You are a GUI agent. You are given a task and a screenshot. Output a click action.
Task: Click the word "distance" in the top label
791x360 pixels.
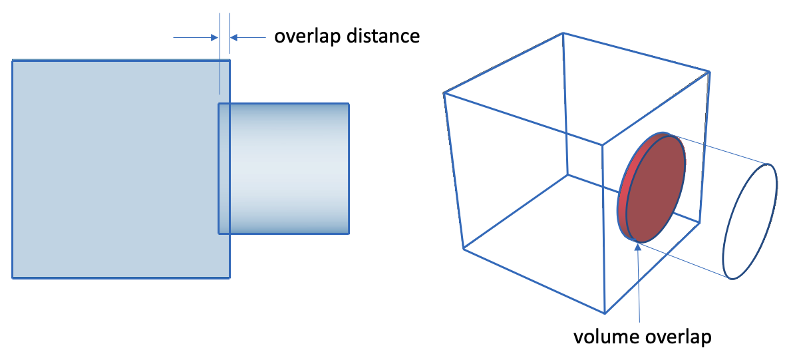pos(384,36)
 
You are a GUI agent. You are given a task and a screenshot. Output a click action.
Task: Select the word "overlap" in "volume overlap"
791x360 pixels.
pos(677,338)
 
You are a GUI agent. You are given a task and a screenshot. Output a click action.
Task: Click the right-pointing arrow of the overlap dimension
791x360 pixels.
pos(195,37)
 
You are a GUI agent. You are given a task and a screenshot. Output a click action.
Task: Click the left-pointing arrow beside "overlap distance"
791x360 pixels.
pos(248,37)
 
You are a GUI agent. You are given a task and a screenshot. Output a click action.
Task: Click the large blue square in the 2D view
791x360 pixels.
pos(121,169)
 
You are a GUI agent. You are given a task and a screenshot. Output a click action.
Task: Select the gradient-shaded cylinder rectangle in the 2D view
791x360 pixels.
pos(283,168)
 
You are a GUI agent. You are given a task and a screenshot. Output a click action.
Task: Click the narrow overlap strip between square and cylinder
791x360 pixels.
pos(224,168)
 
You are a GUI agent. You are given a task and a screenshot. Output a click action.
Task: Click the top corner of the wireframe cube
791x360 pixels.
pos(562,33)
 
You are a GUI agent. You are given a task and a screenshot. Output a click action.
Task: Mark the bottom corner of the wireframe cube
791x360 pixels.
pos(605,313)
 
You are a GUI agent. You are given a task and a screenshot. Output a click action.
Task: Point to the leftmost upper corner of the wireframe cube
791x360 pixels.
pos(444,92)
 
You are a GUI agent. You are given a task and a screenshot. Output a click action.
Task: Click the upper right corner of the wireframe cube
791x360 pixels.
pos(710,72)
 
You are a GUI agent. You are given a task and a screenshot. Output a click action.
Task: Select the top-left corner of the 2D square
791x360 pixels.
pos(12,60)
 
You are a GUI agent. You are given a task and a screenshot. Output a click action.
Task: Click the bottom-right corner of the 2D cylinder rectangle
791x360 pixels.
pos(349,234)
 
